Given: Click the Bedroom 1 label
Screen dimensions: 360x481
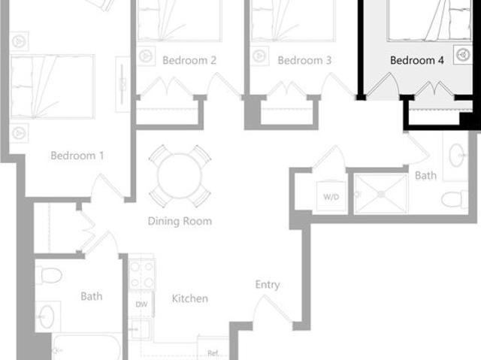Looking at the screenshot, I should coord(77,156).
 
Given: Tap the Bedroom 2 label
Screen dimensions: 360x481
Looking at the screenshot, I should coord(189,60).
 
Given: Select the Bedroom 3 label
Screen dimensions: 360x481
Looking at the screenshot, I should coord(304,60).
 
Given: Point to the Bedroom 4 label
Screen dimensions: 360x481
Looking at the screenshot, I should coord(417,60).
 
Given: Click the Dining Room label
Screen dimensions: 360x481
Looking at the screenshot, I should coord(179,221).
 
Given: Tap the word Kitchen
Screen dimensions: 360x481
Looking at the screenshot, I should coord(190,298).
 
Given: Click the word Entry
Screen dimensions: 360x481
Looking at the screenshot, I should coord(268,284).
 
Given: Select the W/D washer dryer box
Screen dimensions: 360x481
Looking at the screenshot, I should coord(331,197).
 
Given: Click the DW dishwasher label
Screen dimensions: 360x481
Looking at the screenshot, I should coord(141,304).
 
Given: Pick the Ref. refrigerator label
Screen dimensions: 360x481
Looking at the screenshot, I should coord(212,352).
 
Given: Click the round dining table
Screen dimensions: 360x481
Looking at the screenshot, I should coord(179,176).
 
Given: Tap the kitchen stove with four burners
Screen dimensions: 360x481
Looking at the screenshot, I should coord(142,274).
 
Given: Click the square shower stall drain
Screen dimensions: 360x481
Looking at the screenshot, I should coord(380,193).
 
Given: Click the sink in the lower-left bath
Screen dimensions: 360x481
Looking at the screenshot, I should coord(47,315).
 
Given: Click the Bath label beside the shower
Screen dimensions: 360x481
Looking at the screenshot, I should coord(425,175).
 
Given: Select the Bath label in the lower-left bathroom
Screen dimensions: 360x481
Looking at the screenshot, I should coord(92,296).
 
